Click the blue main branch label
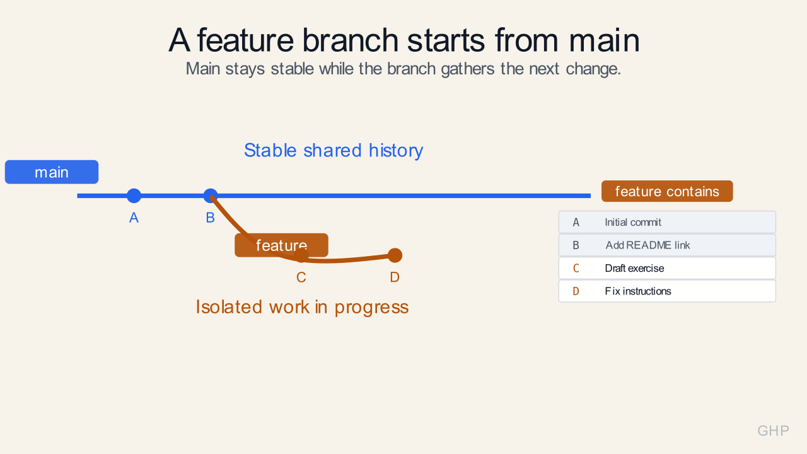pos(52,172)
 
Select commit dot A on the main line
pos(134,195)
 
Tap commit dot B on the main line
pos(211,195)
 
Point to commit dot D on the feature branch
pos(395,255)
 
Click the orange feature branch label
pos(281,245)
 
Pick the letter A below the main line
pos(134,218)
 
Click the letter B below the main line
pos(211,218)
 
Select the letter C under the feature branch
pos(301,277)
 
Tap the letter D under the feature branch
pos(395,277)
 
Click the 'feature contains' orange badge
pos(667,191)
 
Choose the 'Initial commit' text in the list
pos(633,223)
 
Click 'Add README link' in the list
pos(647,245)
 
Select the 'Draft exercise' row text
pos(634,269)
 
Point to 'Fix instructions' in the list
pos(638,291)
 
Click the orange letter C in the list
pos(576,269)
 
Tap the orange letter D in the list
pos(576,291)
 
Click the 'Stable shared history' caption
pos(334,151)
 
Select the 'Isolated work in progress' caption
pos(302,307)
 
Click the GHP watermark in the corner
pos(773,431)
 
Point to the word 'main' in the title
pos(604,40)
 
